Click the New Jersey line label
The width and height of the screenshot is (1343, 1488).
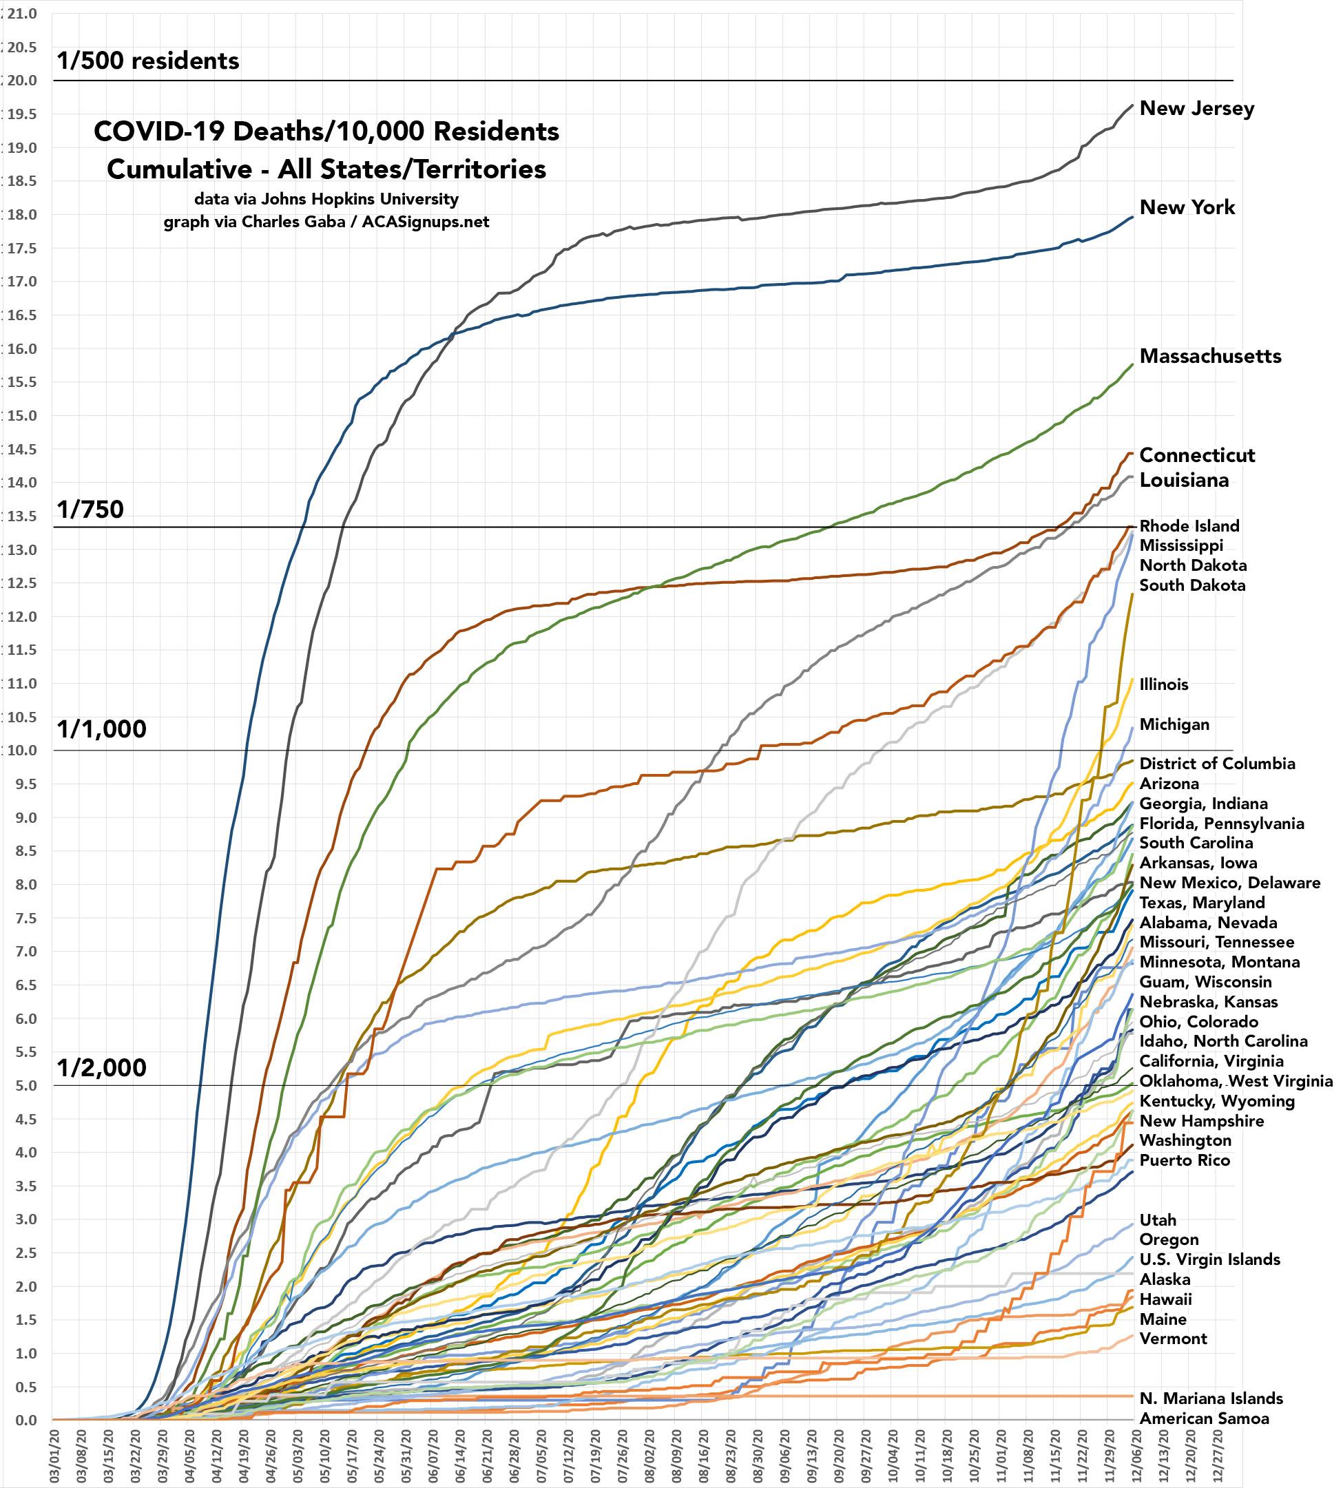[1196, 108]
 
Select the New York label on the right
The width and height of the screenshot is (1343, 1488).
[1187, 207]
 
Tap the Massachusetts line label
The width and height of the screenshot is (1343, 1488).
[1210, 356]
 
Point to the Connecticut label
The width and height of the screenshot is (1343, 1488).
[1196, 455]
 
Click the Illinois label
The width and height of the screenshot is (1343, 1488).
[1164, 684]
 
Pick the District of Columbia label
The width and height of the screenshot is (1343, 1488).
[1217, 764]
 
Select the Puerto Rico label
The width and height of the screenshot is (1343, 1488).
[1185, 1160]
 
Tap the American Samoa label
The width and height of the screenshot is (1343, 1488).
[1204, 1418]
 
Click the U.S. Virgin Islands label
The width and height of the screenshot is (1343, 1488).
[1209, 1259]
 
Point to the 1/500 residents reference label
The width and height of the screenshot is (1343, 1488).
[147, 61]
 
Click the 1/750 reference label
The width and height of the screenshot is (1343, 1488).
[90, 509]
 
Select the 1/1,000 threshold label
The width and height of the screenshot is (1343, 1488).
[102, 729]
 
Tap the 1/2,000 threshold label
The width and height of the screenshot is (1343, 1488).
[102, 1067]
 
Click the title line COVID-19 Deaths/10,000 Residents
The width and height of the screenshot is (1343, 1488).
[326, 132]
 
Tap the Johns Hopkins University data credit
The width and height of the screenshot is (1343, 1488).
[326, 199]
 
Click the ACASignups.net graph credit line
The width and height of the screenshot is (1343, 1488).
[326, 222]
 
